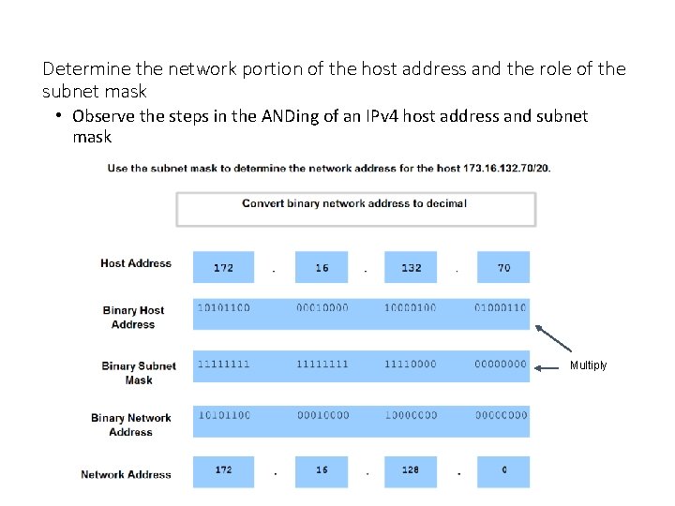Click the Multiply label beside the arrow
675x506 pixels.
click(588, 365)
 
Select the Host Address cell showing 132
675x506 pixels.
click(411, 268)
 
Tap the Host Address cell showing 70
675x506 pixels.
click(503, 268)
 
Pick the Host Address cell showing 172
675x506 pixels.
click(223, 268)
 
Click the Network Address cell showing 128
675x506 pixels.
click(411, 470)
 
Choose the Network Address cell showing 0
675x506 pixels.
click(503, 470)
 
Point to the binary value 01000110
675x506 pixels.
click(501, 308)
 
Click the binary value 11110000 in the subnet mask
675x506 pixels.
click(410, 365)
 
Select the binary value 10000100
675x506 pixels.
click(410, 308)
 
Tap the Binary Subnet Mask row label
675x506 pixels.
click(138, 373)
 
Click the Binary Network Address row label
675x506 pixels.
click(131, 425)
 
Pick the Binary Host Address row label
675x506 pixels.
click(133, 318)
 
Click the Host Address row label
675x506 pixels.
click(136, 264)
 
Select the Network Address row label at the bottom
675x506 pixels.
click(126, 475)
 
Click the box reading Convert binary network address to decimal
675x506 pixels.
click(355, 208)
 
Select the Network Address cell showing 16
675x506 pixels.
click(322, 470)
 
